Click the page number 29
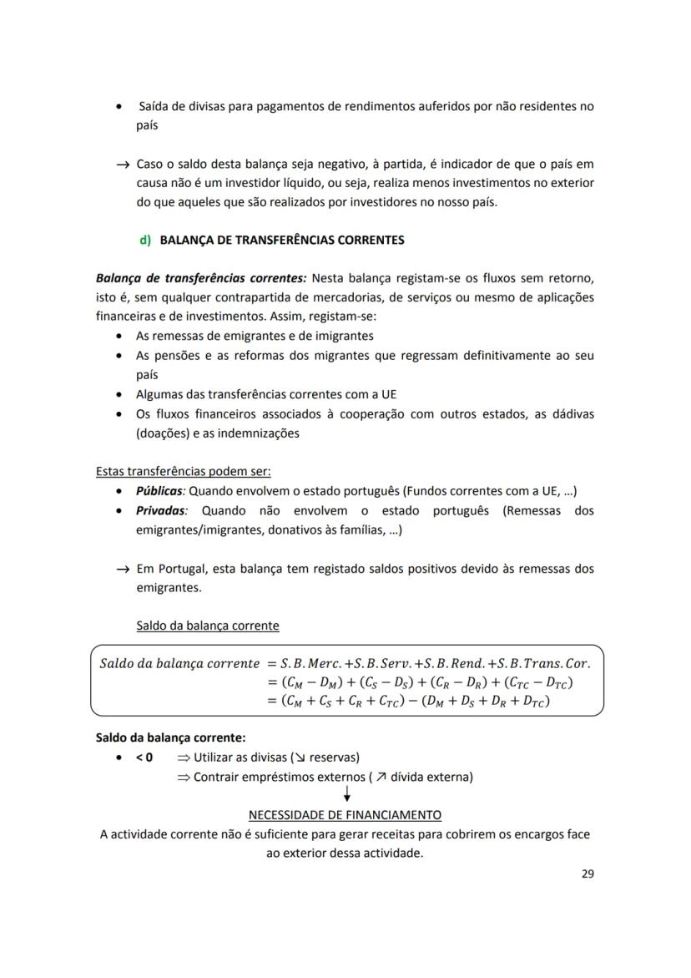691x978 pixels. tap(587, 874)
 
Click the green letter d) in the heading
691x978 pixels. tap(145, 240)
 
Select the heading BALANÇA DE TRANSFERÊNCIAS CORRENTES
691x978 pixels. tap(281, 240)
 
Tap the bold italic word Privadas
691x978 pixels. tap(161, 510)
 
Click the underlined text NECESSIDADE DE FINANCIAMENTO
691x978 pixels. tap(345, 814)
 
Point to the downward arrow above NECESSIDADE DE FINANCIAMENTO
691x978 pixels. tap(346, 795)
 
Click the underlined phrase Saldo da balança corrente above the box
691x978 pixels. tap(207, 626)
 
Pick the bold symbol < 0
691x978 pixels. tap(144, 758)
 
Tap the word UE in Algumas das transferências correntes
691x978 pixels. tap(388, 394)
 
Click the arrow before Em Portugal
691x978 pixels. tap(124, 569)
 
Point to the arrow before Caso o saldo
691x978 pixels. tap(124, 165)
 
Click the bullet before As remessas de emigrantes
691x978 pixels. tap(122, 337)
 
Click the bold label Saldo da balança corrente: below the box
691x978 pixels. tap(170, 737)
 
